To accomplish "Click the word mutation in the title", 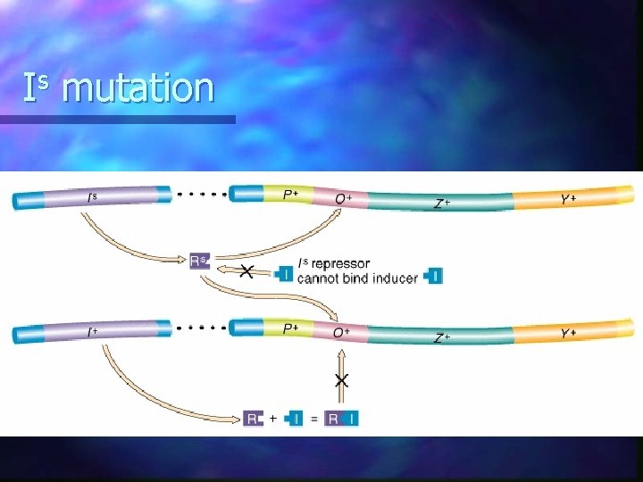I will pyautogui.click(x=138, y=88).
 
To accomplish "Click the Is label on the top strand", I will pyautogui.click(x=92, y=197).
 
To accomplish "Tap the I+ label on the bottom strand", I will pyautogui.click(x=92, y=332).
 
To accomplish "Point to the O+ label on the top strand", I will pyautogui.click(x=342, y=197).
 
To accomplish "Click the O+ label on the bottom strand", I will pyautogui.click(x=341, y=332).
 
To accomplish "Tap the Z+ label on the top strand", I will pyautogui.click(x=441, y=204).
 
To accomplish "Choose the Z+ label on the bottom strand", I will pyautogui.click(x=441, y=337).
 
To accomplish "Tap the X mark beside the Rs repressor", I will pyautogui.click(x=246, y=270).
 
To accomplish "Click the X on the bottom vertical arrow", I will pyautogui.click(x=341, y=381).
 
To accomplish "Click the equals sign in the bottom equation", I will pyautogui.click(x=314, y=418).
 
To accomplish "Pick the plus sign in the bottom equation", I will pyautogui.click(x=272, y=417).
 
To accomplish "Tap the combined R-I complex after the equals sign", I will pyautogui.click(x=342, y=418).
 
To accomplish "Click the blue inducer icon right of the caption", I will pyautogui.click(x=433, y=276).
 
